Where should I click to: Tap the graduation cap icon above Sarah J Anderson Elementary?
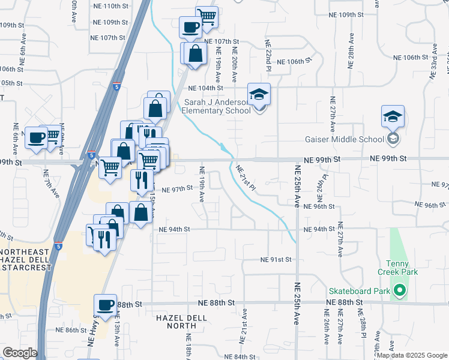pyautogui.click(x=259, y=95)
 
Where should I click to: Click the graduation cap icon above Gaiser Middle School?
pyautogui.click(x=393, y=116)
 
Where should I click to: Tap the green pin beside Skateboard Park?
pyautogui.click(x=399, y=292)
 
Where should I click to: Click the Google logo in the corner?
pyautogui.click(x=20, y=353)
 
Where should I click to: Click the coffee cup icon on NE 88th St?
pyautogui.click(x=106, y=305)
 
